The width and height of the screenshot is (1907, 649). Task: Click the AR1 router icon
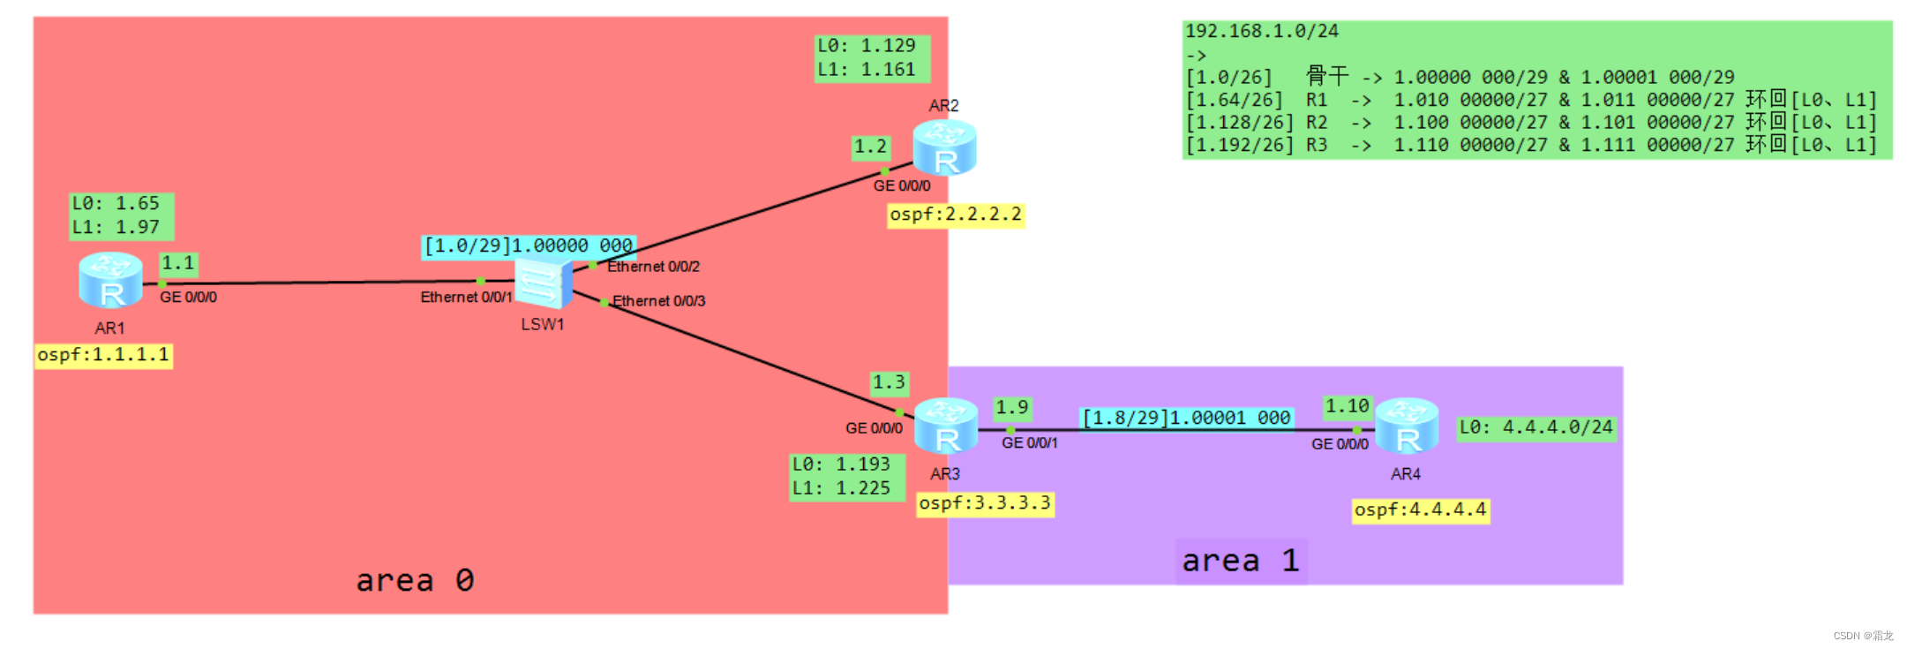tap(110, 280)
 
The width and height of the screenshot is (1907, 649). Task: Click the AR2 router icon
tap(944, 147)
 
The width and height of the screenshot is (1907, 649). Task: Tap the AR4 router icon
tap(1407, 426)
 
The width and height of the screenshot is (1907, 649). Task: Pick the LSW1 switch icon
tap(543, 283)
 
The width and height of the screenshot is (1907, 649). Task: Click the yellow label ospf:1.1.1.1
tap(103, 355)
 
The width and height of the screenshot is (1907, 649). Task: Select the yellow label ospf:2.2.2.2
tap(956, 215)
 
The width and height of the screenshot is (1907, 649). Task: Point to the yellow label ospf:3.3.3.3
tap(985, 503)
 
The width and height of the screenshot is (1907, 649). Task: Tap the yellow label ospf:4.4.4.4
tap(1421, 510)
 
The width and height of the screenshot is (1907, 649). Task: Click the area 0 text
tap(415, 580)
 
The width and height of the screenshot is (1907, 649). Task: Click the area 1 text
tap(1240, 561)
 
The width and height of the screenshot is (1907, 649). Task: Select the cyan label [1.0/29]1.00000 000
tap(528, 245)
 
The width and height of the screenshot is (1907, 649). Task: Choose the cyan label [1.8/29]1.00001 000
tap(1186, 418)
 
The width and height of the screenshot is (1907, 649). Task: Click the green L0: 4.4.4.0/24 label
tap(1535, 428)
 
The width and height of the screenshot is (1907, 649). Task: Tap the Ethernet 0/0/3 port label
tap(658, 301)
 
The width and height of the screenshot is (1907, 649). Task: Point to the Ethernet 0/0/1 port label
tap(466, 298)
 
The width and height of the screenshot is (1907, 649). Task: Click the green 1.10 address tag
tap(1347, 406)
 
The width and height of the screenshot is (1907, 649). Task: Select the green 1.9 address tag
tap(1011, 408)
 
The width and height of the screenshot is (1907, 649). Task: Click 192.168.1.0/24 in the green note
tap(1261, 32)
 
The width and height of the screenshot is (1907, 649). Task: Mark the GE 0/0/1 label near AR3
tap(1029, 443)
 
